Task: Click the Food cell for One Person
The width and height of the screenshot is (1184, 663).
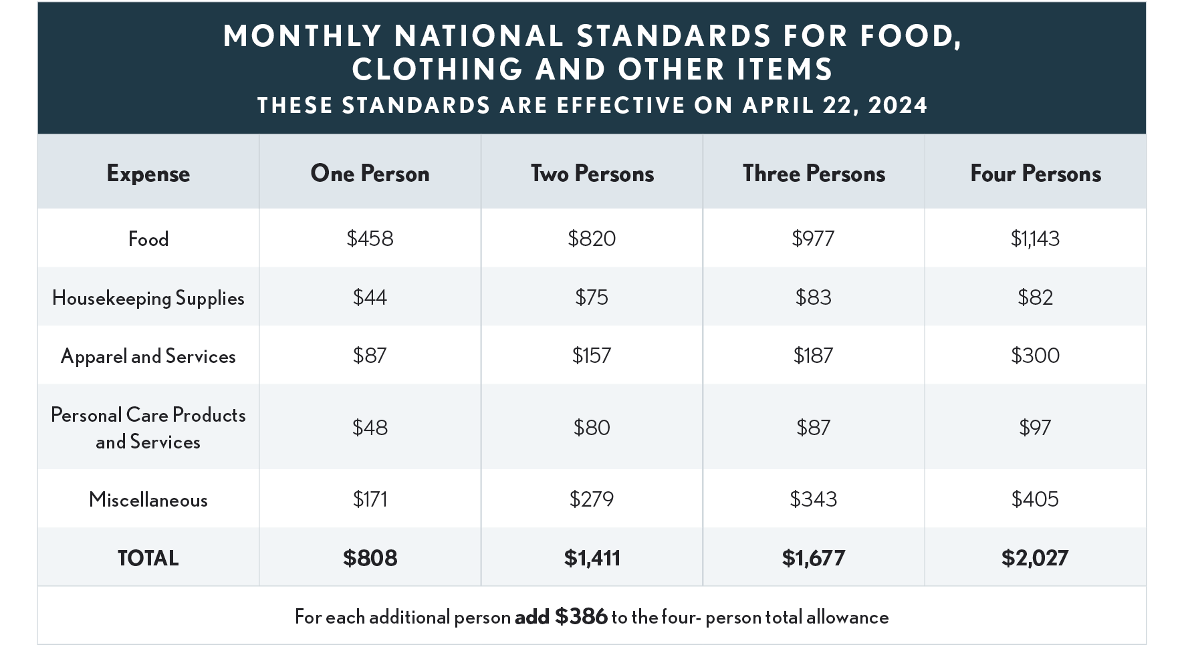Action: (x=370, y=239)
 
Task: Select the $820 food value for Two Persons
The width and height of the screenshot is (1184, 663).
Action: (x=592, y=239)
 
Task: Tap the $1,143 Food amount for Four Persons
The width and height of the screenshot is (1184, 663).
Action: (x=1035, y=239)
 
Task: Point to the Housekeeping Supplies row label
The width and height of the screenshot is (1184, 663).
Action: (x=148, y=297)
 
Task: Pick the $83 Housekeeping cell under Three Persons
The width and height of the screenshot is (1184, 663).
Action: (x=813, y=297)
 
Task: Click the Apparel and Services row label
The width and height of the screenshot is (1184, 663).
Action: (x=148, y=356)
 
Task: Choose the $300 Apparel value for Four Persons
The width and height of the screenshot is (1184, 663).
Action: (x=1035, y=355)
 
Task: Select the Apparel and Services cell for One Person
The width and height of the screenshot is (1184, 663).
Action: (x=370, y=355)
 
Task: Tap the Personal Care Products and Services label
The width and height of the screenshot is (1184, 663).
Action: (x=148, y=428)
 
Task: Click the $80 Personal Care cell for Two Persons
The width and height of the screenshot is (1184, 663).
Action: (x=592, y=427)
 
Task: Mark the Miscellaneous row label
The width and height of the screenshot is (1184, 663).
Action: (x=148, y=499)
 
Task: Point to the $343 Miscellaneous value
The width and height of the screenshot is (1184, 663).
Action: (x=813, y=499)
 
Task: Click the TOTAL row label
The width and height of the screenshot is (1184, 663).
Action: (x=148, y=558)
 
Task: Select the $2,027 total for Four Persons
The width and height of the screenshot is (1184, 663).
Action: (x=1035, y=557)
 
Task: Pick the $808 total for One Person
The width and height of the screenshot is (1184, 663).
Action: (x=370, y=557)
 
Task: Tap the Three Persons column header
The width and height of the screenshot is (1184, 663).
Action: (x=814, y=173)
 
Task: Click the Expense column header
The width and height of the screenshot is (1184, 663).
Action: (x=148, y=173)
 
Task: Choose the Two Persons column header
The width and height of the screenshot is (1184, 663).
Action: (x=592, y=173)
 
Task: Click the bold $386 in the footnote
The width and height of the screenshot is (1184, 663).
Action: (x=581, y=616)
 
